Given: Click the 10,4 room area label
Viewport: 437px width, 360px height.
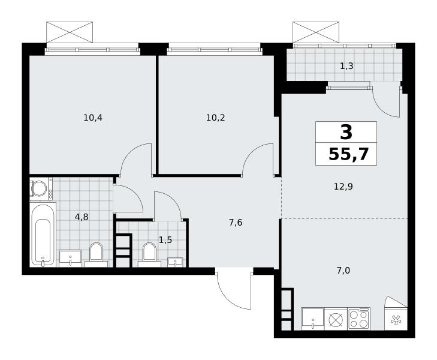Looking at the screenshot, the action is pyautogui.click(x=93, y=118).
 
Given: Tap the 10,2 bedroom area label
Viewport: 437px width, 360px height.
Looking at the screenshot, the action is pyautogui.click(x=215, y=118).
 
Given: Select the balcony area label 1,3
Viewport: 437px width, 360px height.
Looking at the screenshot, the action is pyautogui.click(x=346, y=66).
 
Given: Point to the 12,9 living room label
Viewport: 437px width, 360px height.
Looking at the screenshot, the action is pyautogui.click(x=343, y=186).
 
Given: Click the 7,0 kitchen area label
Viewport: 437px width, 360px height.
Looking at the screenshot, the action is pyautogui.click(x=343, y=270).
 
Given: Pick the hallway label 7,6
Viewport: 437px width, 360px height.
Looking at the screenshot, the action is pyautogui.click(x=236, y=223).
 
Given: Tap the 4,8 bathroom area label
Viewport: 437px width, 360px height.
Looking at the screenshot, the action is pyautogui.click(x=82, y=217).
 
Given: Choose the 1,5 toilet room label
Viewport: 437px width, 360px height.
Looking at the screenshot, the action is pyautogui.click(x=165, y=240).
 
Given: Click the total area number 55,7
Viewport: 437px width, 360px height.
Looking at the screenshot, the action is pyautogui.click(x=349, y=154).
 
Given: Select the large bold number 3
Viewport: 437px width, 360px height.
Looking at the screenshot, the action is pyautogui.click(x=346, y=133).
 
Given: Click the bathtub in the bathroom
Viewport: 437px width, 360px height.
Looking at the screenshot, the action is pyautogui.click(x=43, y=235).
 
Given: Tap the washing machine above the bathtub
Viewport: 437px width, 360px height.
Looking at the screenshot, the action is pyautogui.click(x=41, y=188).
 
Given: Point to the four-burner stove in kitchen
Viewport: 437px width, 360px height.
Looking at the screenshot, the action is pyautogui.click(x=359, y=319).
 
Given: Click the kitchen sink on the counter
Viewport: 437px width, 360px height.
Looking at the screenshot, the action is pyautogui.click(x=313, y=319).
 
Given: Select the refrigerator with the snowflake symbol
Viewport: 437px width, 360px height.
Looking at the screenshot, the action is pyautogui.click(x=396, y=319).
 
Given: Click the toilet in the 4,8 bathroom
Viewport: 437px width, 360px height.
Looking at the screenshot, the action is pyautogui.click(x=96, y=254).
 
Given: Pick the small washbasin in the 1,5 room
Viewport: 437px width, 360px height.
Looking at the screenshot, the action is pyautogui.click(x=175, y=263).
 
